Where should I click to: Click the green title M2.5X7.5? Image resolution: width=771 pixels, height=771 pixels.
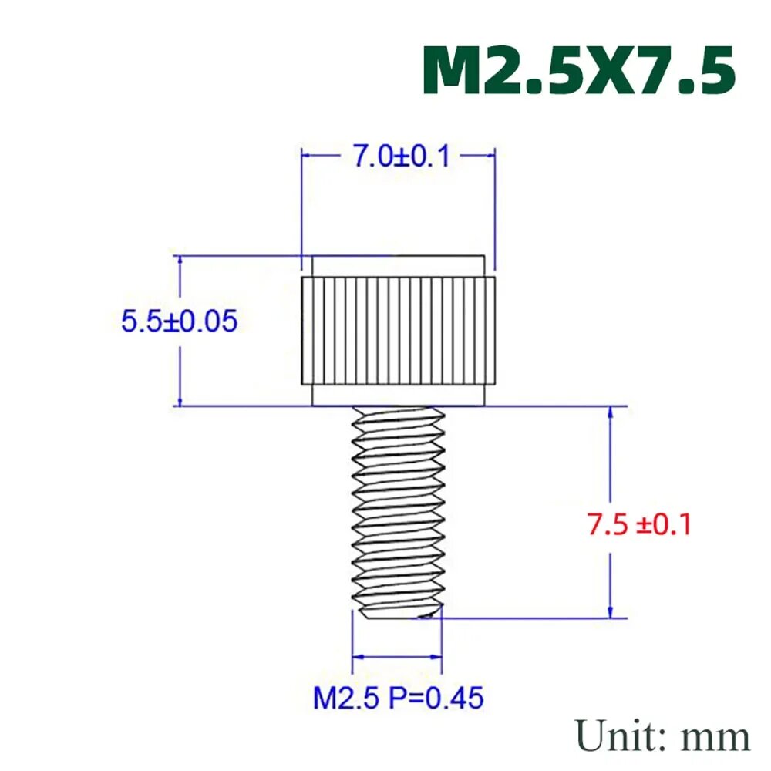coord(578,71)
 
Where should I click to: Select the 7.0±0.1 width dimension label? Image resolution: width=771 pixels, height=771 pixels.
coord(401,157)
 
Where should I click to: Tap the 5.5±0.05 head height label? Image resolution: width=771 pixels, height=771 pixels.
coord(179,321)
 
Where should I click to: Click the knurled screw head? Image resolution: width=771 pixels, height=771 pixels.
coord(397,332)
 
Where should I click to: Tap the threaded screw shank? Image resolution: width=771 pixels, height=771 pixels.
coord(397,509)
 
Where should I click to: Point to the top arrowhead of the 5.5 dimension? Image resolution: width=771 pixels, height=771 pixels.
coord(180,262)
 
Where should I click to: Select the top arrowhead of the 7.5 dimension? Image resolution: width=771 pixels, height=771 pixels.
coord(611,412)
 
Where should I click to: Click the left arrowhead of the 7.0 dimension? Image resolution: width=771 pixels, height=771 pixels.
coord(306,155)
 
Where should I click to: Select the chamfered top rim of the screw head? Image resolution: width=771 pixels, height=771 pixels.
coord(397,267)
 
